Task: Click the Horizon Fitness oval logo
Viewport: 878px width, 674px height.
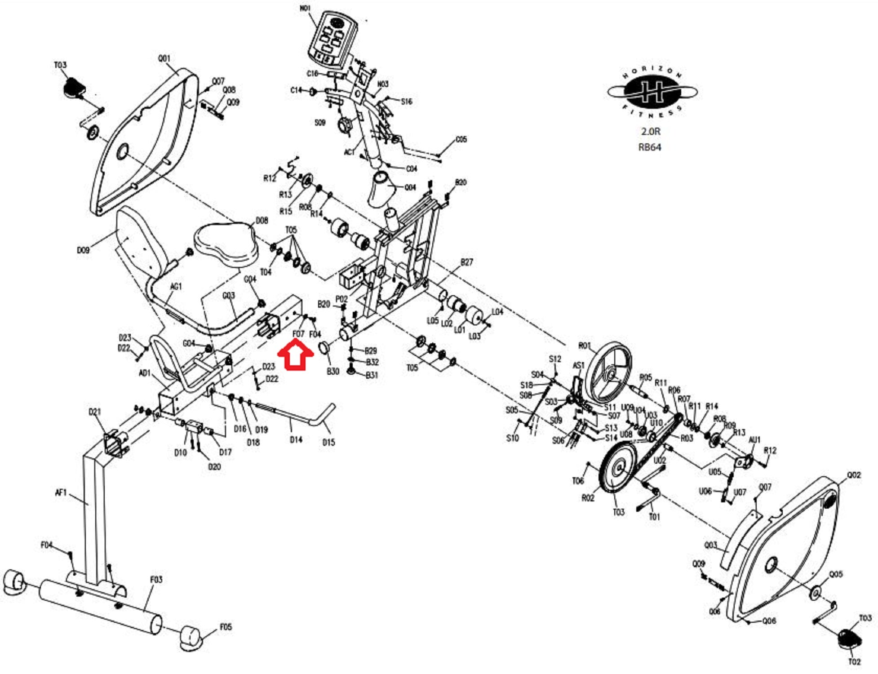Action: pyautogui.click(x=651, y=92)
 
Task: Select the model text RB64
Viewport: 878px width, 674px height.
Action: pyautogui.click(x=649, y=147)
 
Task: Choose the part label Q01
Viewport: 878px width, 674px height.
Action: pyautogui.click(x=164, y=59)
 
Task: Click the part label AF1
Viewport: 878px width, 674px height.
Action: pyautogui.click(x=61, y=493)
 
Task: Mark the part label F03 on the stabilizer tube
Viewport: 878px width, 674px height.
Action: pyautogui.click(x=156, y=580)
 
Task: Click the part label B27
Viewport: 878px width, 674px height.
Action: pyautogui.click(x=467, y=262)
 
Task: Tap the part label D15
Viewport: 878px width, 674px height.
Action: pyautogui.click(x=328, y=442)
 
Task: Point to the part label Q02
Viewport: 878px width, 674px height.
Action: pyautogui.click(x=854, y=475)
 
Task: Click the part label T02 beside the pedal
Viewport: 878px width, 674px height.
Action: pyautogui.click(x=854, y=661)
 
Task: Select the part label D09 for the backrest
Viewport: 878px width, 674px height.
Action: pyautogui.click(x=83, y=250)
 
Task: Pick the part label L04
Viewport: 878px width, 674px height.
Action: pyautogui.click(x=497, y=312)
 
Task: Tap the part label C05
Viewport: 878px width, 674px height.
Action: pyautogui.click(x=461, y=139)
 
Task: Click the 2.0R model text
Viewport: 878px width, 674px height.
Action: pyautogui.click(x=650, y=131)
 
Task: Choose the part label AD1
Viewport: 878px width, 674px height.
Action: pyautogui.click(x=144, y=373)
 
